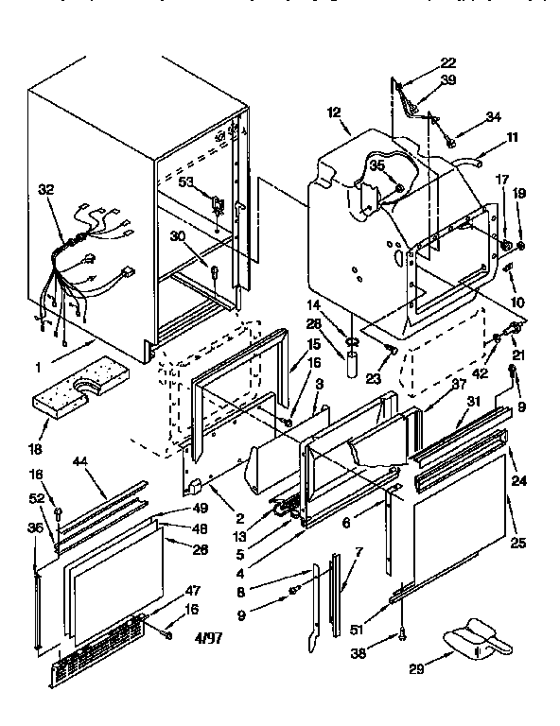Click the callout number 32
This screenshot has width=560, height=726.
[x=45, y=190]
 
